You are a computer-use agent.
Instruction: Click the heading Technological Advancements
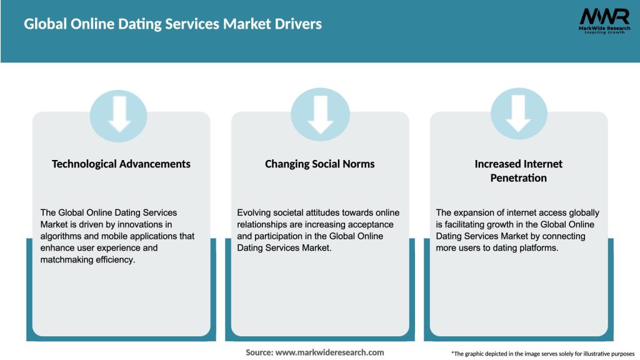121,164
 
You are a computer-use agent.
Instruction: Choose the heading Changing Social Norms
320,164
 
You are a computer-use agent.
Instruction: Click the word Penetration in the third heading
519,178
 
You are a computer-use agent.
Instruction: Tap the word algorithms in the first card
62,236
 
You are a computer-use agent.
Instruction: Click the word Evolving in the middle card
254,213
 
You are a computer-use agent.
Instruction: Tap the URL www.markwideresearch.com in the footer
330,352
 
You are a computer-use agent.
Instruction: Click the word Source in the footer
259,352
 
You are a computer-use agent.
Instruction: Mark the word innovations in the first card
147,224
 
